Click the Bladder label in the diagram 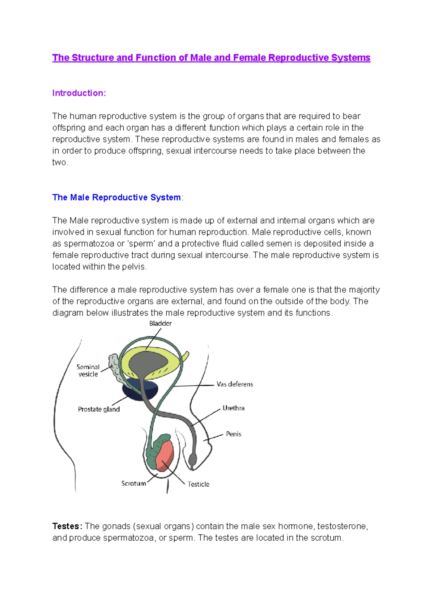160,324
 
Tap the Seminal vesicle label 88,371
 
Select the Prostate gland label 99,409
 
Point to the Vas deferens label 235,384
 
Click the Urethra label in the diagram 233,408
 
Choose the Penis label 233,434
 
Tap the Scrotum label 133,483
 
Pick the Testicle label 198,484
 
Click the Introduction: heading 79,93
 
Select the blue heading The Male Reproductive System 116,197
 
